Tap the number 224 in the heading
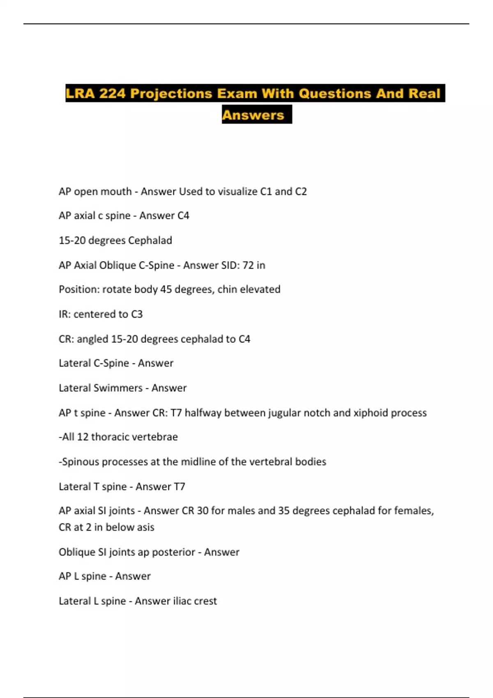[x=112, y=94]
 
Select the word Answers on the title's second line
[x=253, y=115]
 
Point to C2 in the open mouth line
[x=301, y=192]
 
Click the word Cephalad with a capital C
[x=150, y=241]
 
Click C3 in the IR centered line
[x=137, y=314]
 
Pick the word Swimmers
[x=118, y=388]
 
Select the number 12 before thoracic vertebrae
[x=83, y=437]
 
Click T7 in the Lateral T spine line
[x=180, y=487]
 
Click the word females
[x=413, y=511]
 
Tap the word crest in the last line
[x=205, y=601]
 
